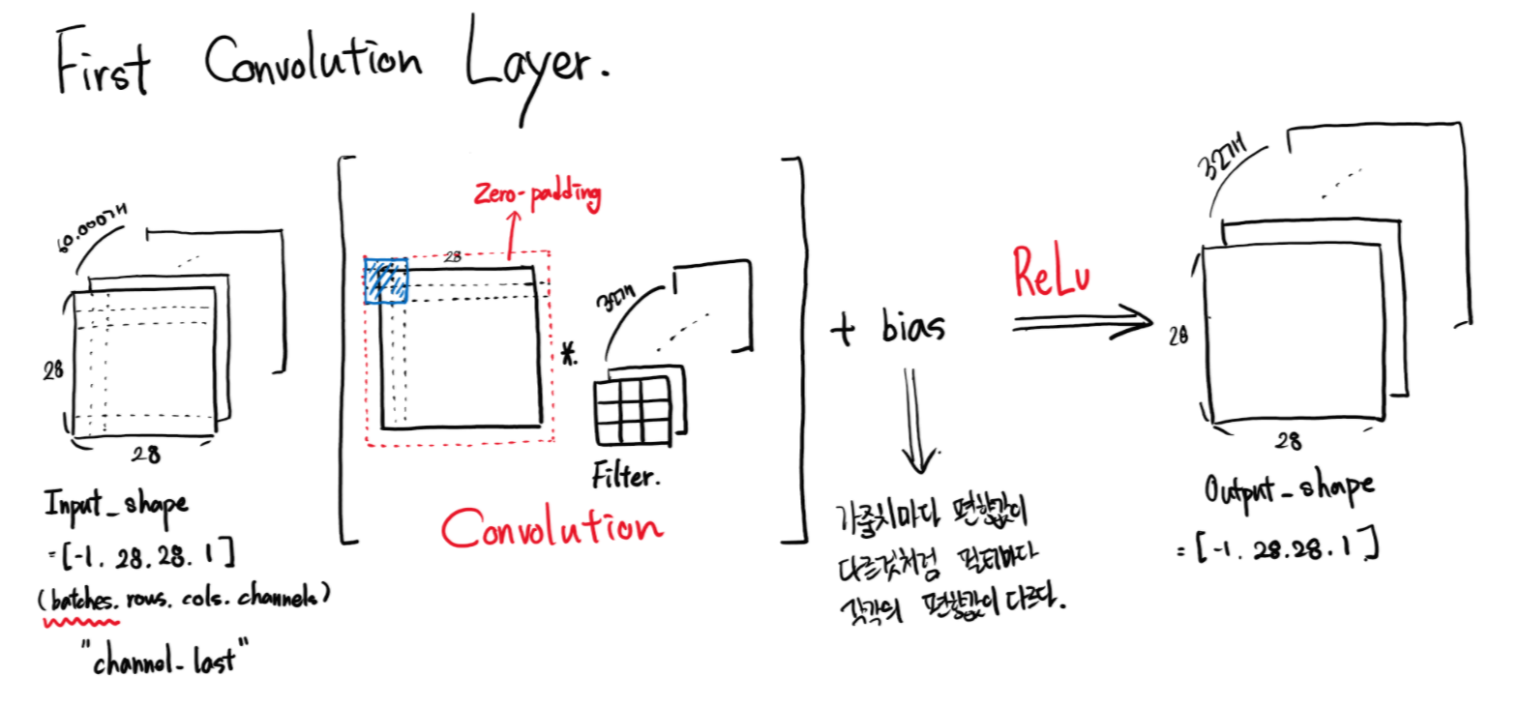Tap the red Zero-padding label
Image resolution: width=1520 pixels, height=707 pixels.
pos(537,193)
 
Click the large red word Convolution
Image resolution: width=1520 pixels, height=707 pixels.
pos(551,528)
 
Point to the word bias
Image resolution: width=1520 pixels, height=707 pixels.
pos(911,327)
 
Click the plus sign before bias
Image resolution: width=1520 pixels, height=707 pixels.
pos(844,329)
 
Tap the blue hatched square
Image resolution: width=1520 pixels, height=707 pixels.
pos(385,281)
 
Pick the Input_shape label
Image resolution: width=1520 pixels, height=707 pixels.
pos(116,504)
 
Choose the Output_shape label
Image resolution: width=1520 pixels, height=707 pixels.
pos(1288,488)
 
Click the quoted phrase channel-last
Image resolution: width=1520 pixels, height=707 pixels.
pos(164,660)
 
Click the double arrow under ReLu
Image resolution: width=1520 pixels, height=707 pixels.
pos(1083,322)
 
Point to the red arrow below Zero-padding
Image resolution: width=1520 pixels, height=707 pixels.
pos(512,234)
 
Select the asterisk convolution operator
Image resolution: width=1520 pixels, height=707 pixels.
pos(570,354)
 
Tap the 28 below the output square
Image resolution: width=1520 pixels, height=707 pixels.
pos(1288,441)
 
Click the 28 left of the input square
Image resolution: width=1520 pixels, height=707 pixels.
pos(52,369)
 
